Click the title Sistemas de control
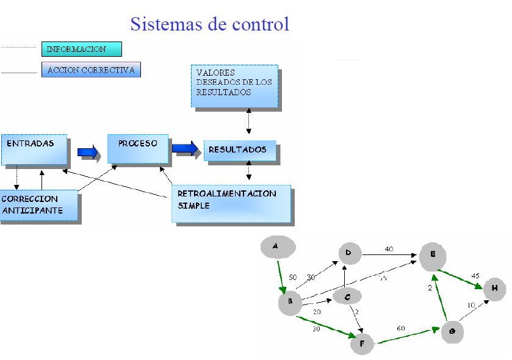point(209,24)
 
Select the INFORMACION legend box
point(81,49)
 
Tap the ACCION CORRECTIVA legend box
point(91,70)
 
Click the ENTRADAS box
point(34,149)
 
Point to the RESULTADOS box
point(239,150)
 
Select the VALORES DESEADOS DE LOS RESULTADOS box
point(234,86)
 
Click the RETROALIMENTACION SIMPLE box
point(231,204)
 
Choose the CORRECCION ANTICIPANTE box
point(40,206)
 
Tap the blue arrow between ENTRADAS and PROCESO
point(88,152)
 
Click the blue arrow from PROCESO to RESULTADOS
point(185,148)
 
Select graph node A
point(278,247)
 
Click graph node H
point(495,289)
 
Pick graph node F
point(362,344)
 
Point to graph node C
point(347,297)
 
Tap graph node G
point(452,331)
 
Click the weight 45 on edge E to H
point(475,276)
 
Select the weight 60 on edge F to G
point(402,329)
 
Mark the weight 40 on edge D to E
point(388,249)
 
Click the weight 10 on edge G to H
point(471,304)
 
